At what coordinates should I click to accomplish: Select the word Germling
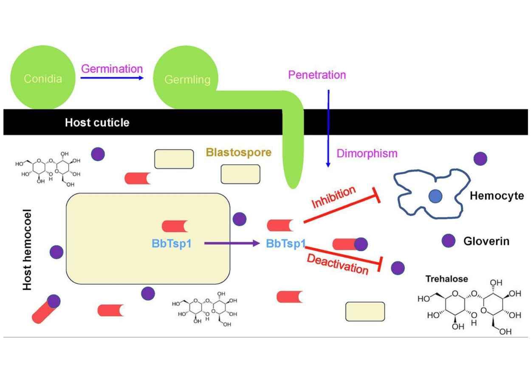pyautogui.click(x=187, y=79)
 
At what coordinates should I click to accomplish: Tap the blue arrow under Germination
pyautogui.click(x=112, y=78)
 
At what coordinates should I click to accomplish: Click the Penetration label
pyautogui.click(x=317, y=75)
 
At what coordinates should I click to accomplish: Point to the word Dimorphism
pyautogui.click(x=367, y=153)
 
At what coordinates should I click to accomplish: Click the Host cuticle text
pyautogui.click(x=97, y=123)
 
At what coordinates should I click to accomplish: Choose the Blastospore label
pyautogui.click(x=238, y=152)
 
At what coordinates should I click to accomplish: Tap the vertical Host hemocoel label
pyautogui.click(x=28, y=250)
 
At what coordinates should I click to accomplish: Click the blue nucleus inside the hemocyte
pyautogui.click(x=435, y=196)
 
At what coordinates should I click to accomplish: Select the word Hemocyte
pyautogui.click(x=497, y=196)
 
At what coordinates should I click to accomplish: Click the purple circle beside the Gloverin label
pyautogui.click(x=449, y=241)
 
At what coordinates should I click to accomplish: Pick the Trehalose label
pyautogui.click(x=446, y=279)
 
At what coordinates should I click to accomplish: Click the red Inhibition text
pyautogui.click(x=333, y=197)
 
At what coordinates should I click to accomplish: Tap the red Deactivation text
pyautogui.click(x=337, y=264)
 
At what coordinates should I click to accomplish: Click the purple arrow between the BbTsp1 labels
pyautogui.click(x=232, y=243)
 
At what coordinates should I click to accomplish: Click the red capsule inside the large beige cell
pyautogui.click(x=175, y=226)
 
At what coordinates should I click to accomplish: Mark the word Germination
pyautogui.click(x=112, y=68)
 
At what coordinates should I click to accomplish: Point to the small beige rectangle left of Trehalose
pyautogui.click(x=365, y=312)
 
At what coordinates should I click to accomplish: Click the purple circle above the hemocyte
pyautogui.click(x=480, y=159)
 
